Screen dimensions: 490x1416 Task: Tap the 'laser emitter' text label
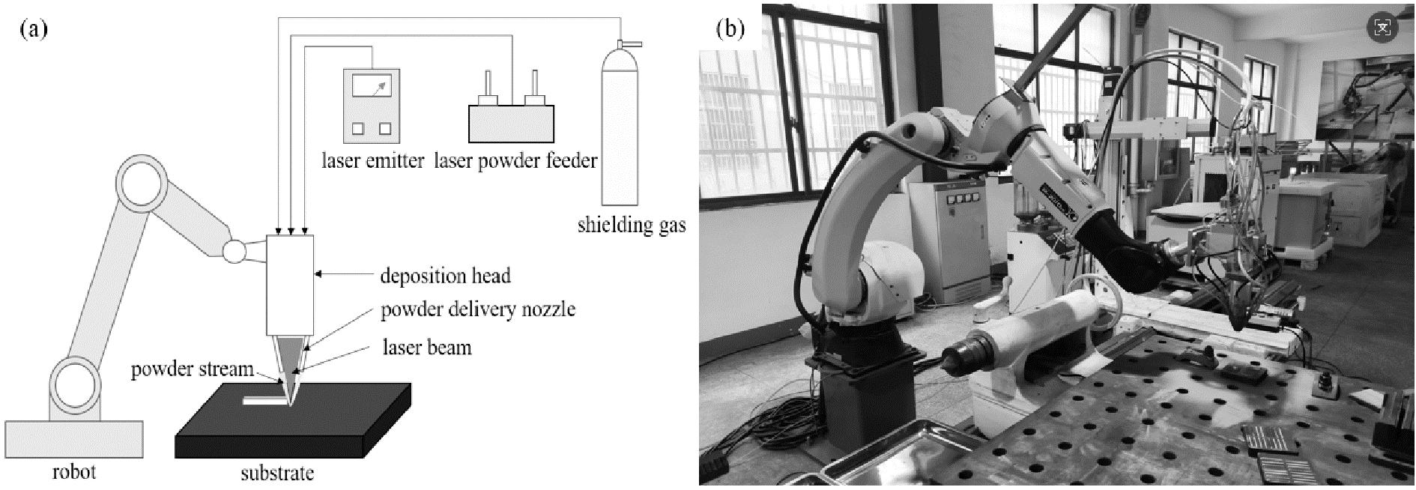click(x=372, y=160)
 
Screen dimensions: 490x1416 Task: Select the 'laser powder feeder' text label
click(x=515, y=160)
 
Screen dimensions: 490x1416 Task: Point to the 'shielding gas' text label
click(x=632, y=225)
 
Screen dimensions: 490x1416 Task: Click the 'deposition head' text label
click(x=445, y=276)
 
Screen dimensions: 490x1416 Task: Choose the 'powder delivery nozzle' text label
click(x=478, y=309)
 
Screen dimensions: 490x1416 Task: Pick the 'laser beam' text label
click(x=427, y=348)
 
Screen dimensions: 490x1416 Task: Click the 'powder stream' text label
click(x=192, y=370)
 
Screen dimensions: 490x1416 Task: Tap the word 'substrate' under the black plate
click(x=277, y=473)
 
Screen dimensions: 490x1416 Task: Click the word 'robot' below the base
click(x=74, y=472)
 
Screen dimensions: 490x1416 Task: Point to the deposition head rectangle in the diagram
click(x=290, y=285)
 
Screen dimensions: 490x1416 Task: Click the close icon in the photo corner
click(x=1382, y=28)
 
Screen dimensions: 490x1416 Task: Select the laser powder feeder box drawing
click(x=512, y=124)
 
